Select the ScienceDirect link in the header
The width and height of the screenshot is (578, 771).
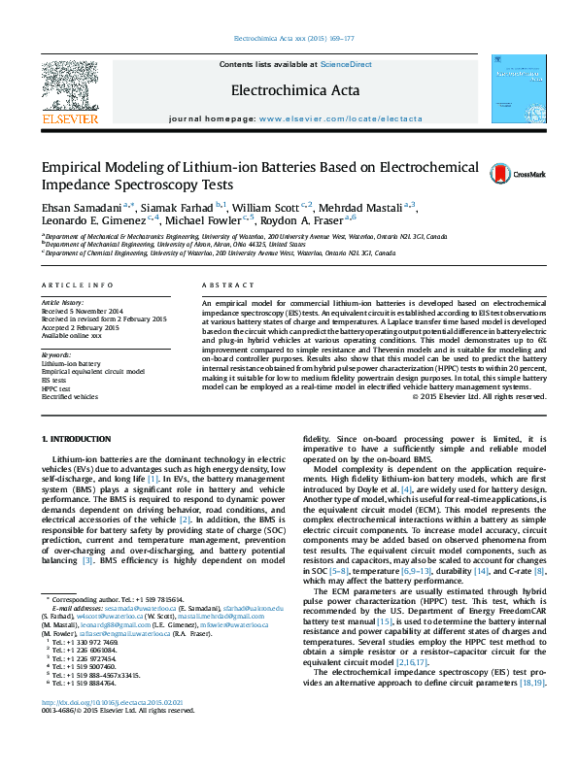pos(347,64)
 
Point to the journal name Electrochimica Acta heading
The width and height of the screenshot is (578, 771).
pos(294,91)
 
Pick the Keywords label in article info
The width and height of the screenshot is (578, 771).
pos(57,356)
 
